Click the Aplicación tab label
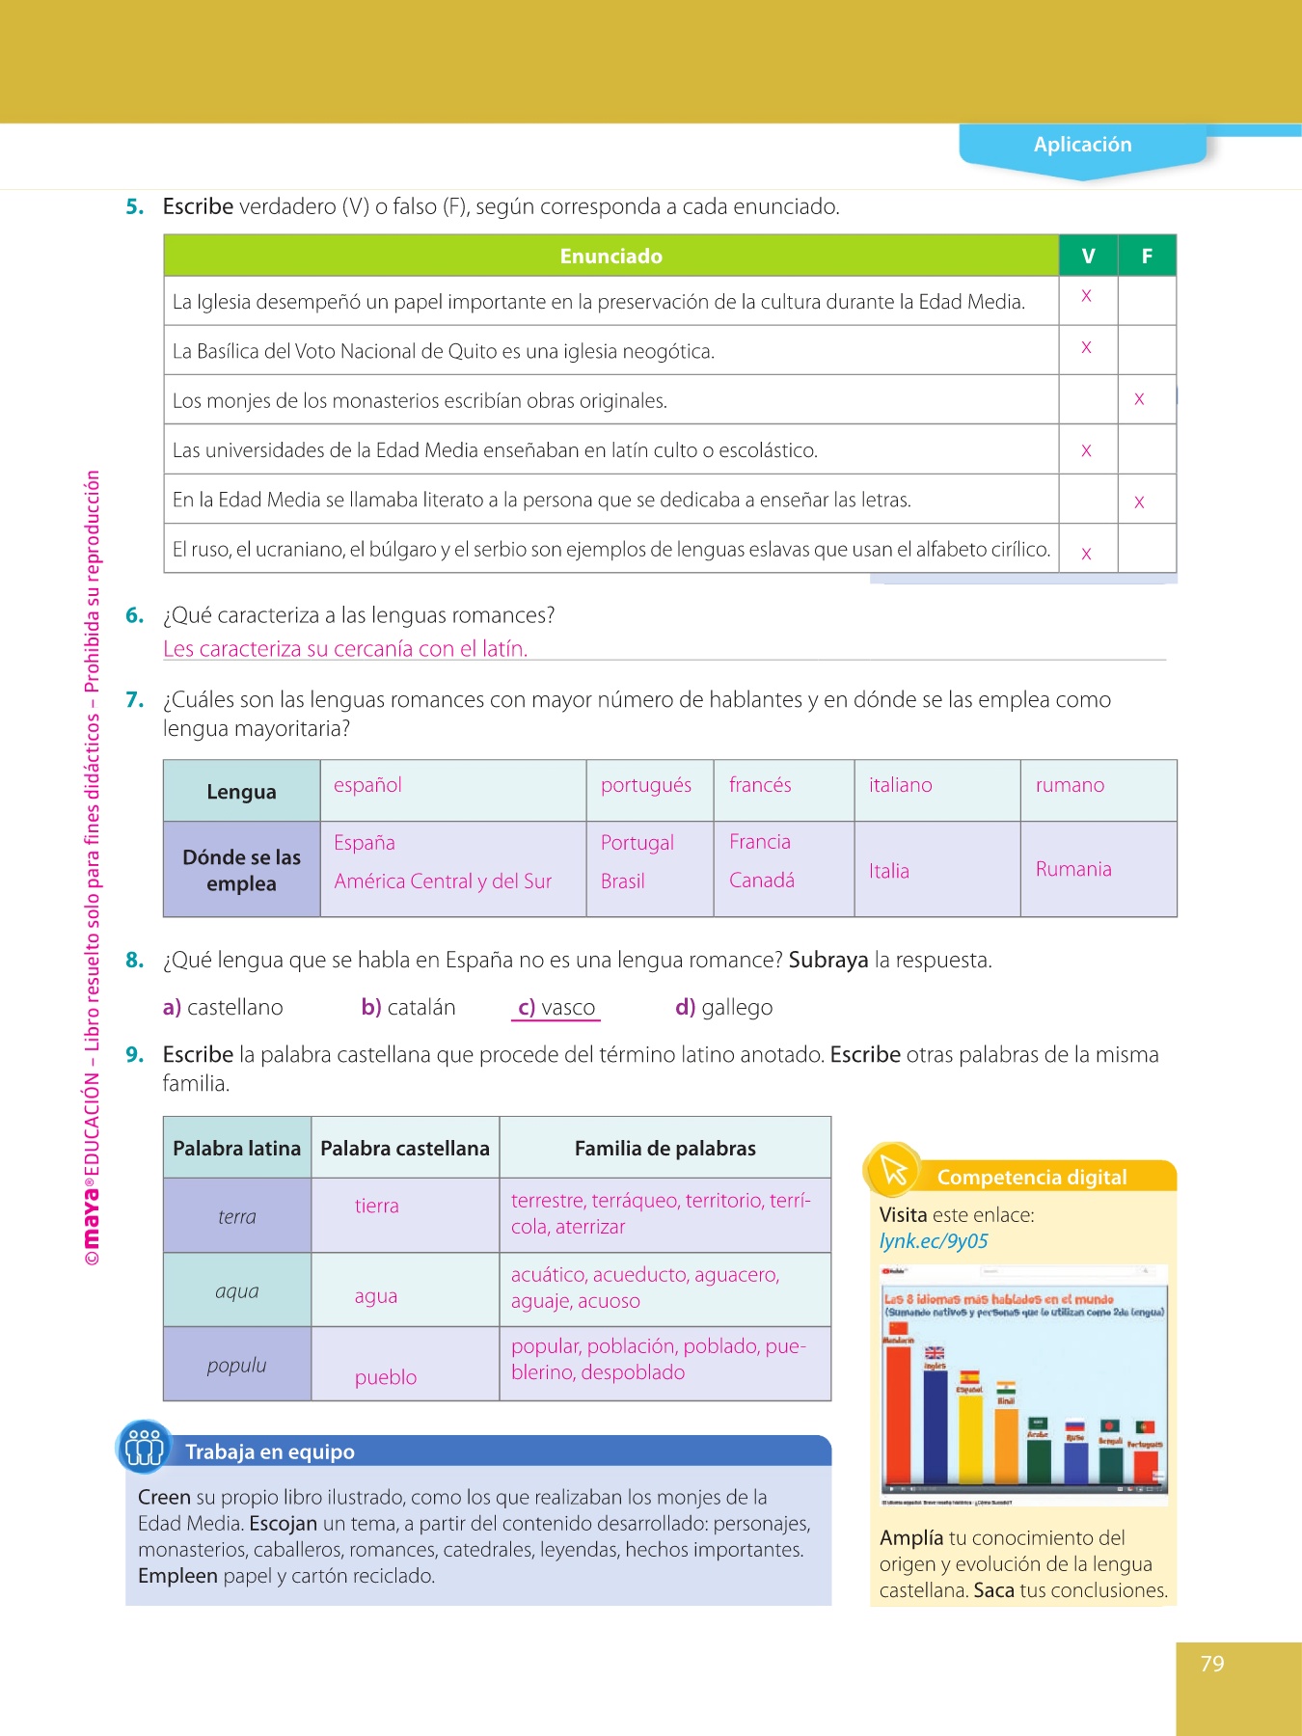1082,145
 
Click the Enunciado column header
610,257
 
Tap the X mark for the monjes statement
1139,399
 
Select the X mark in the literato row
1139,502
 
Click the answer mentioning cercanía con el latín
345,649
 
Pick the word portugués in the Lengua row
645,785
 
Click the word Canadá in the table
762,880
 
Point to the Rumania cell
1073,869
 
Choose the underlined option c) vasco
556,1008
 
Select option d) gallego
724,1008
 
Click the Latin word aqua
236,1291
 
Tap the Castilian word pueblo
386,1377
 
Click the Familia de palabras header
665,1149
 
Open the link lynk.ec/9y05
934,1241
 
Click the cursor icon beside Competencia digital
893,1171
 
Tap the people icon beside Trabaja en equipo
145,1448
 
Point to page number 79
1212,1664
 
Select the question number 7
134,700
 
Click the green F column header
1147,257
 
